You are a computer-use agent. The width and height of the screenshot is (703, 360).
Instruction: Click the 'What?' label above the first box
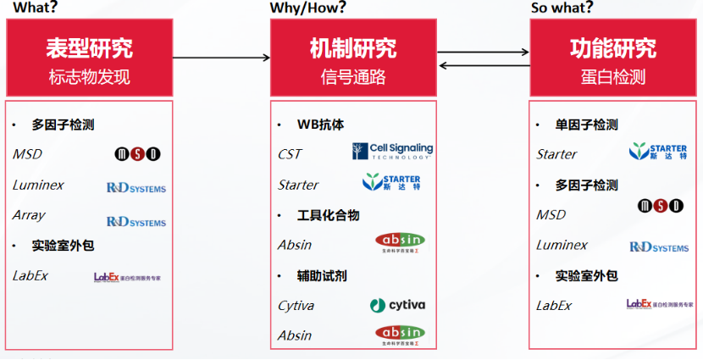point(33,8)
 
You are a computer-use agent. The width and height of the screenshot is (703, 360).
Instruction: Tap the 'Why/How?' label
point(308,8)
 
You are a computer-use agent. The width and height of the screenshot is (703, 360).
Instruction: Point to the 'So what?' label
point(562,8)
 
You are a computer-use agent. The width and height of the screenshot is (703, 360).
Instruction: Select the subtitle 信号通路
point(353,77)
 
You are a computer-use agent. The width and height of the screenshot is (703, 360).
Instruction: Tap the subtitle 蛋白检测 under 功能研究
point(613,77)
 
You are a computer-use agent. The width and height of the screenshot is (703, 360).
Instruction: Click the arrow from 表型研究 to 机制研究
point(221,58)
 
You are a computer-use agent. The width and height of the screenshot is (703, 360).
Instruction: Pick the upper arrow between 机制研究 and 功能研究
point(484,52)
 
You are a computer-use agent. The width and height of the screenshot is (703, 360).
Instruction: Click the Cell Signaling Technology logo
point(392,152)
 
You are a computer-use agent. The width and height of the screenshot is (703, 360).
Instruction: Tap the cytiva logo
point(397,305)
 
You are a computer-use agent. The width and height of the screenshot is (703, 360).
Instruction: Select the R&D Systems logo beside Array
point(136,222)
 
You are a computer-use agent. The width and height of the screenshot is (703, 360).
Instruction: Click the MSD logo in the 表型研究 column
point(138,154)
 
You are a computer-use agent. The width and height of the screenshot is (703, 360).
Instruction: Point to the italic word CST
point(290,154)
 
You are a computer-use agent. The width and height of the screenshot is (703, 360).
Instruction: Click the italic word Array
point(29,215)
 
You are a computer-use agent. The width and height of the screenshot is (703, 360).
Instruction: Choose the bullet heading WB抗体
point(320,125)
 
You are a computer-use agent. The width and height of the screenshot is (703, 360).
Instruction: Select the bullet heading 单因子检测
point(587,125)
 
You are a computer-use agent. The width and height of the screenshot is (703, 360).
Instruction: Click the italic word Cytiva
point(296,306)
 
